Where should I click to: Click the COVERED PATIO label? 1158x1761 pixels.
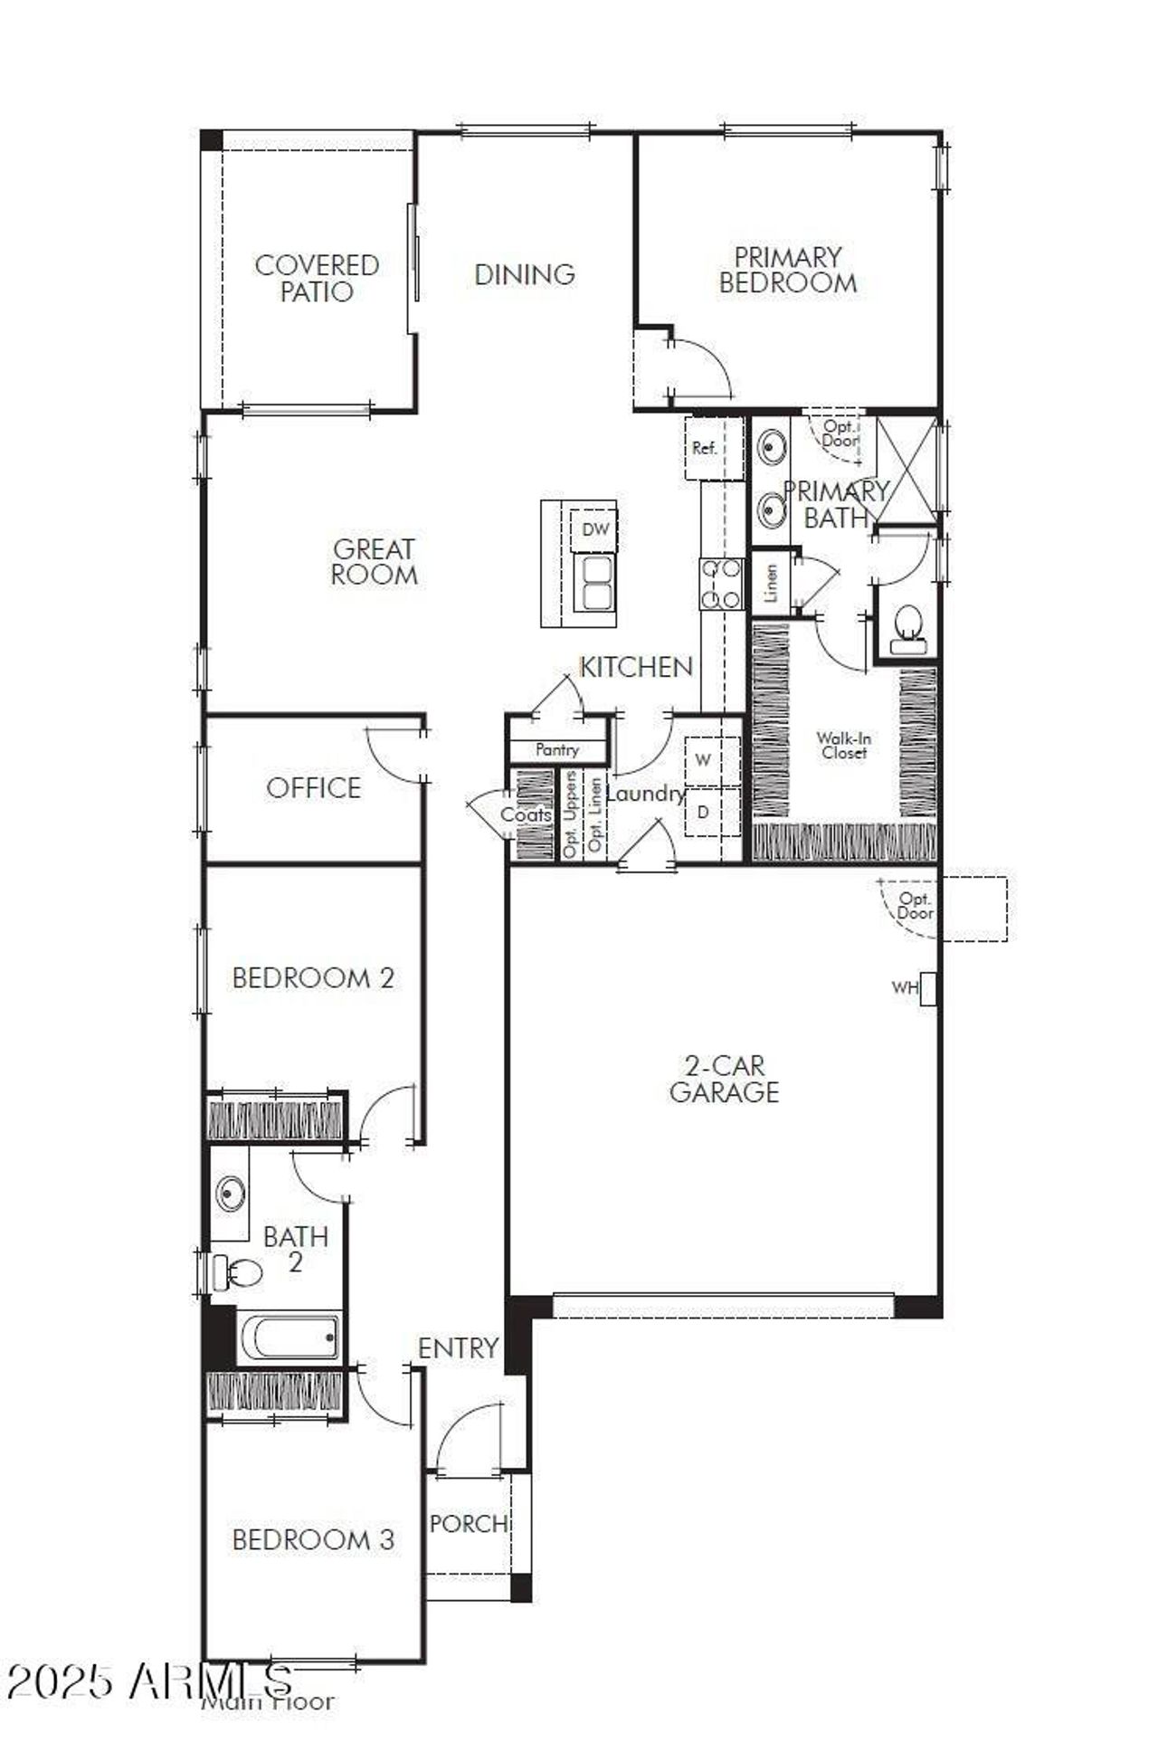click(317, 278)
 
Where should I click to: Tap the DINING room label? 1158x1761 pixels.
click(525, 274)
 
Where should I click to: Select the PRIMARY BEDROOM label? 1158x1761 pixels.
click(788, 270)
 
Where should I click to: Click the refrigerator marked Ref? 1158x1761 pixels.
click(705, 448)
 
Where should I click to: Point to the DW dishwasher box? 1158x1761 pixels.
click(595, 529)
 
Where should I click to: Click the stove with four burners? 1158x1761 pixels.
click(721, 584)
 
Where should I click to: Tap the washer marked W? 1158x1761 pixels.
click(703, 760)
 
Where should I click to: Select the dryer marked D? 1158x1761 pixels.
click(703, 812)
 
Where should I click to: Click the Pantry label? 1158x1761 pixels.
click(557, 749)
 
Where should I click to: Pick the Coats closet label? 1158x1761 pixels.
click(527, 814)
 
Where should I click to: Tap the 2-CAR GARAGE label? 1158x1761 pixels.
click(724, 1079)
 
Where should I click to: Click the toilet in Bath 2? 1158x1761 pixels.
click(238, 1272)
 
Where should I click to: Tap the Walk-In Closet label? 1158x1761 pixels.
click(844, 746)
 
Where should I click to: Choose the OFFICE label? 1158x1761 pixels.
click(314, 788)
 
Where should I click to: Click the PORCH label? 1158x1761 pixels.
click(469, 1524)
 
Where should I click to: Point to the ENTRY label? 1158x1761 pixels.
click(458, 1348)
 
